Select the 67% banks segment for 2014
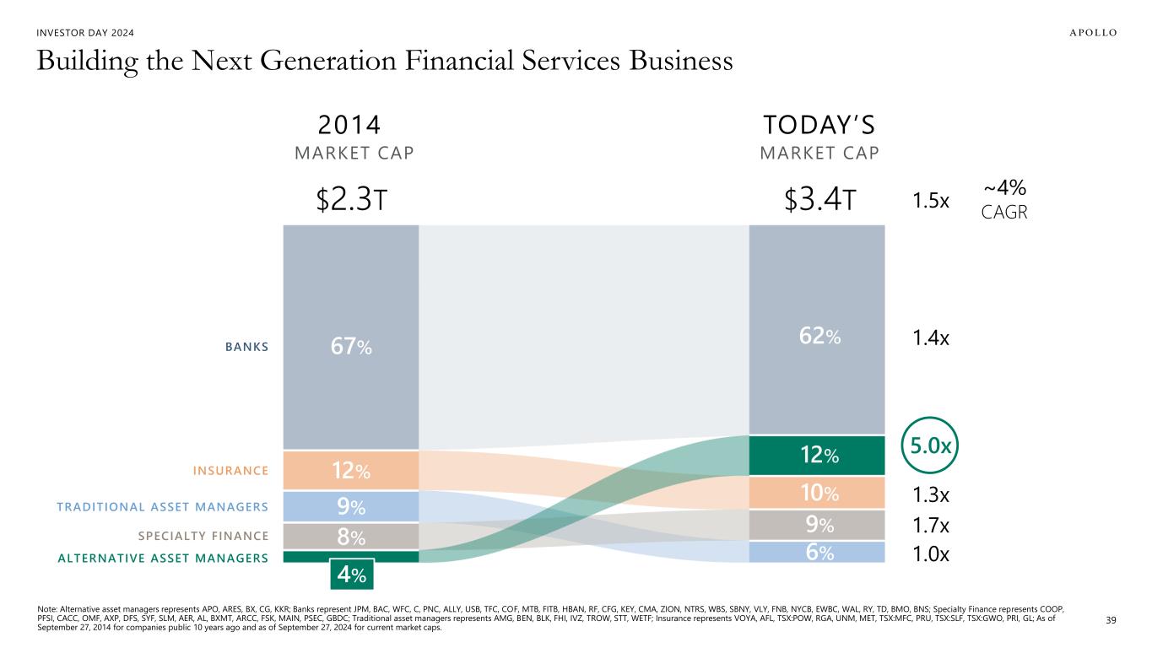[x=351, y=347]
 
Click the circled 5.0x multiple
[x=933, y=445]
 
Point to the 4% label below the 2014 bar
[x=351, y=576]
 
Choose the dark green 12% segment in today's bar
[x=817, y=456]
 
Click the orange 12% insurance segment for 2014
[x=351, y=470]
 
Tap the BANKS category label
[x=246, y=346]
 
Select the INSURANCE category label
[x=230, y=470]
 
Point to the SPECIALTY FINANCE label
[x=203, y=535]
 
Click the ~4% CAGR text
[x=1005, y=199]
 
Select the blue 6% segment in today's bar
[x=817, y=552]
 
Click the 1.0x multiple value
[x=932, y=554]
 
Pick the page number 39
[x=1111, y=620]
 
